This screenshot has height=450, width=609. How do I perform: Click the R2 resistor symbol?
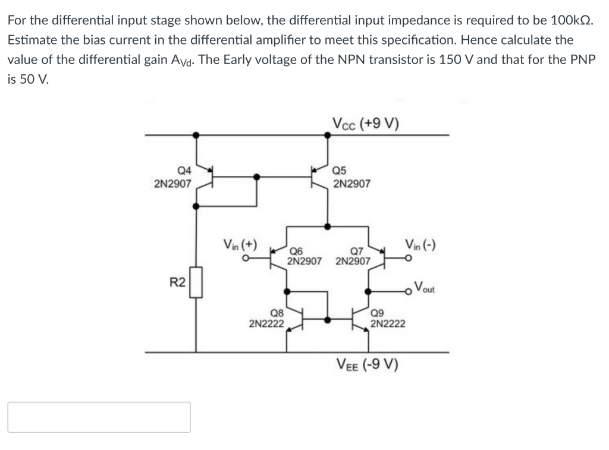coord(196,282)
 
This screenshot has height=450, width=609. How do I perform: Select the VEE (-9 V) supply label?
coord(367,364)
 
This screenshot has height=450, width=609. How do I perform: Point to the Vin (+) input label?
coord(240,244)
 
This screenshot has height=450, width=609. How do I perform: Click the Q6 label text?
coord(296,251)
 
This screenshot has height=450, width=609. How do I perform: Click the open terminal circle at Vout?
coord(408,291)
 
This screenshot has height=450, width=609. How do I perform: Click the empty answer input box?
coord(99,417)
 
